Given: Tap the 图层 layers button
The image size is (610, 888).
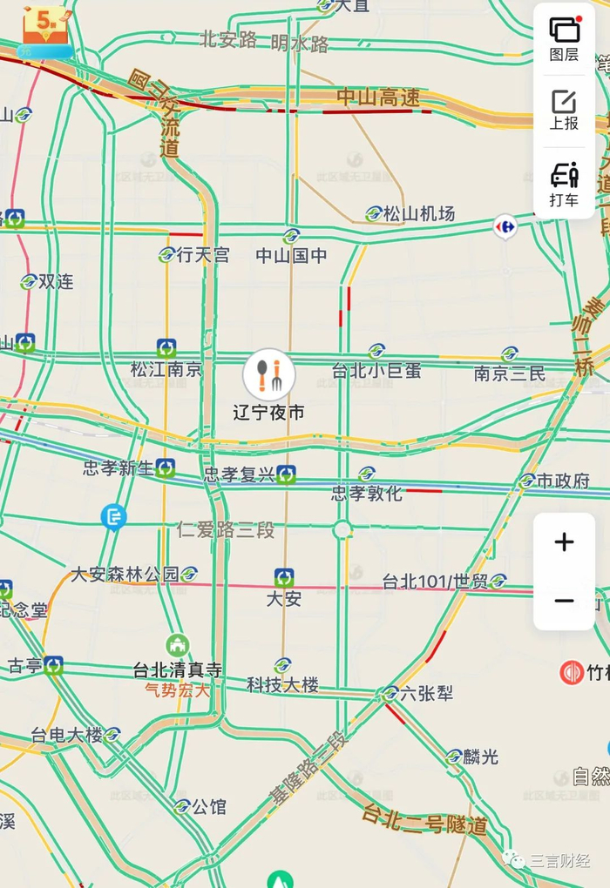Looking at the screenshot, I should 564,39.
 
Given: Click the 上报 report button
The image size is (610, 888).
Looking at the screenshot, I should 564,110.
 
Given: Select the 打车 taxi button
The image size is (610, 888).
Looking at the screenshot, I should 564,185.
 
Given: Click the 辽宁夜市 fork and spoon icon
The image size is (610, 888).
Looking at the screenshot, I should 269,375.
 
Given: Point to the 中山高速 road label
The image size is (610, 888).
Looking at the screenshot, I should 378,98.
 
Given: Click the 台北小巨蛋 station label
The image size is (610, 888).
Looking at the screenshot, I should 376,370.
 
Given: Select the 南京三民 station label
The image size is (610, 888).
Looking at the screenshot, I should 510,373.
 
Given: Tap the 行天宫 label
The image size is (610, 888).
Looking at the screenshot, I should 202,255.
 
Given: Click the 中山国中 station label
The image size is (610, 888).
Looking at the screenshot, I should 291,255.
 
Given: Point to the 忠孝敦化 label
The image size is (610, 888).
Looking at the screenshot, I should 367,494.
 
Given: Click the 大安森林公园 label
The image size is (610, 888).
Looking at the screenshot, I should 125,574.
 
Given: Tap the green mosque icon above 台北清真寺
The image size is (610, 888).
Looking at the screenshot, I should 178,645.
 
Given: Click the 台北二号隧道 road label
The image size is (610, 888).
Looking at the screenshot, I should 425,819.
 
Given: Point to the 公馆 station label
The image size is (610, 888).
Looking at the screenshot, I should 208,806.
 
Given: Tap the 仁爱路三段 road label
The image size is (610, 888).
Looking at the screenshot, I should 226,528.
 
